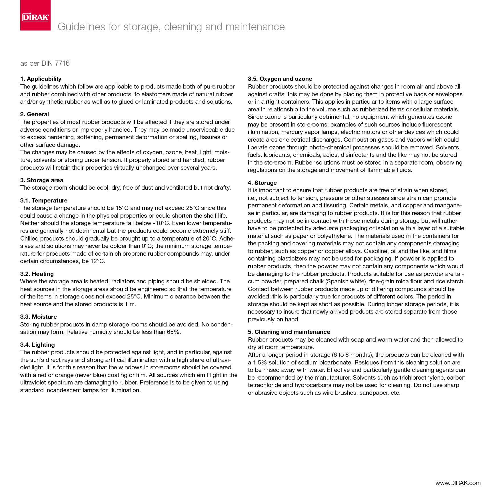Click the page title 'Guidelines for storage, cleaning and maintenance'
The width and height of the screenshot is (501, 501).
pyautogui.click(x=171, y=27)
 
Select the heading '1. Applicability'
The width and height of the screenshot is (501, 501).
pyautogui.click(x=41, y=79)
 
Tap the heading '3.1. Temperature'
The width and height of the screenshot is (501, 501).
pyautogui.click(x=44, y=201)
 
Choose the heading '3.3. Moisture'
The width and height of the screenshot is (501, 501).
pyautogui.click(x=39, y=317)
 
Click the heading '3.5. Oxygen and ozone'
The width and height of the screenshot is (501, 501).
pyautogui.click(x=280, y=79)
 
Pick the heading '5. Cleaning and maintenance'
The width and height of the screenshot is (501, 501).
pyautogui.click(x=289, y=332)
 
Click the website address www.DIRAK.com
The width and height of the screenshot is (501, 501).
pyautogui.click(x=458, y=483)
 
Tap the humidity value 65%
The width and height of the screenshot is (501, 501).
pyautogui.click(x=174, y=332)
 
